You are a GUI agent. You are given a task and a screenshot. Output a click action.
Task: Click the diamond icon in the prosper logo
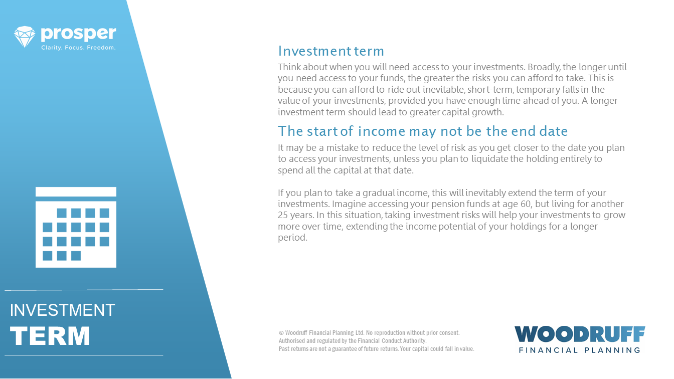[25, 37]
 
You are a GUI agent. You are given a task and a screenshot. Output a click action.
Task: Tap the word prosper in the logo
[78, 34]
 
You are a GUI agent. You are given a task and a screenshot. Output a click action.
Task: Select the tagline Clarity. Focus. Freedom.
[78, 48]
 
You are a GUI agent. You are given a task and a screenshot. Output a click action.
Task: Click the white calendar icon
[76, 227]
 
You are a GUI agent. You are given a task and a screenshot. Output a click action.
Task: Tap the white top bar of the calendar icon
[76, 192]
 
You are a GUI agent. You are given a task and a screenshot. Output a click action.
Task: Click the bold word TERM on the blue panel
[50, 336]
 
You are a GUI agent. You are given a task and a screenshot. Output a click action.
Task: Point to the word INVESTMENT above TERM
[62, 310]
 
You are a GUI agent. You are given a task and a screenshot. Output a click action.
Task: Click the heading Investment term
[331, 51]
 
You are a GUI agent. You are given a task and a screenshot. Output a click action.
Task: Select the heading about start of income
[423, 131]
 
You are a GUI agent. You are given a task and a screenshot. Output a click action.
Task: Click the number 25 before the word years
[283, 215]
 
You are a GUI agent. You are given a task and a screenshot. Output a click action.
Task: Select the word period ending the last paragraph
[292, 238]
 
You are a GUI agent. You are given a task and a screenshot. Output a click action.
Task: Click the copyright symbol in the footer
[281, 333]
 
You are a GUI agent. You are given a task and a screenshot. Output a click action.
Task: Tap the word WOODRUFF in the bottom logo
[580, 334]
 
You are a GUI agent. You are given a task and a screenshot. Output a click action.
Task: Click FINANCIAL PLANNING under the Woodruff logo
[580, 350]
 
